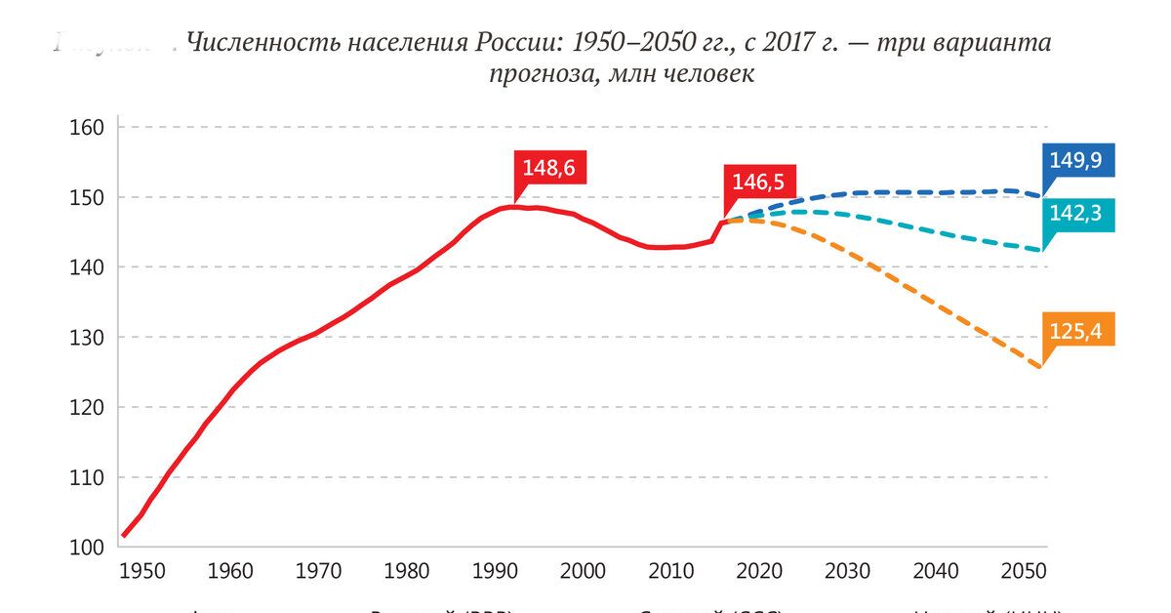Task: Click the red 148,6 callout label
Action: pos(548,168)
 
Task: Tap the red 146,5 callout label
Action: pos(759,182)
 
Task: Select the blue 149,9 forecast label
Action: pos(1076,160)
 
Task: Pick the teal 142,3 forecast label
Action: pos(1076,214)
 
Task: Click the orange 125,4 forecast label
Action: pos(1076,331)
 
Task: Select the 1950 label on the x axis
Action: pos(142,570)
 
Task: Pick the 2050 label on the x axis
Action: pos(1024,570)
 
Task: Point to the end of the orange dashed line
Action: pos(1040,367)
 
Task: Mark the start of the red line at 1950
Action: pos(124,535)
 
